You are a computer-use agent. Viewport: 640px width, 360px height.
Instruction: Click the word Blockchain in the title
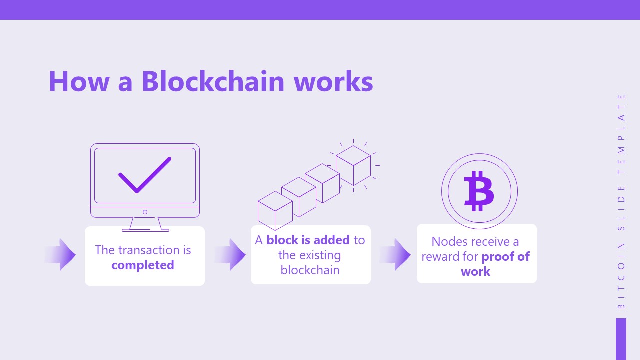pos(213,81)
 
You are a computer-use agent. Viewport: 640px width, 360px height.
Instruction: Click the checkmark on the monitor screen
pos(145,175)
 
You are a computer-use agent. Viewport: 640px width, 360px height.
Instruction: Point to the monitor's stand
pos(145,224)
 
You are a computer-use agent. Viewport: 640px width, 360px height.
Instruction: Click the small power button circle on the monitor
pos(145,212)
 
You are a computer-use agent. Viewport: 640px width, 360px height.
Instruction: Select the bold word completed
pos(143,265)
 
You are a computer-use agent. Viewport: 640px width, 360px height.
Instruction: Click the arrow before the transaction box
pos(61,255)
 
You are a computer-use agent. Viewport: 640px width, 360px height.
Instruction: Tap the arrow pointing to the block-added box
pos(230,255)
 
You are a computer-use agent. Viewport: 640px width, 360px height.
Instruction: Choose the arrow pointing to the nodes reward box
pos(395,255)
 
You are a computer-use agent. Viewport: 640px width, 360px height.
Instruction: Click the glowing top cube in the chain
pos(353,165)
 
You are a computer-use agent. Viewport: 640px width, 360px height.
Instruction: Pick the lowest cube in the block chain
pos(275,211)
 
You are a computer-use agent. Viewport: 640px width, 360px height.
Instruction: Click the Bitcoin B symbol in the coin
pos(479,191)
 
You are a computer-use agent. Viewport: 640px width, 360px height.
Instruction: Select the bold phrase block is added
pos(308,240)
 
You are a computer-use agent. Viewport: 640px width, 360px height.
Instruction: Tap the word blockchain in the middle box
pos(310,270)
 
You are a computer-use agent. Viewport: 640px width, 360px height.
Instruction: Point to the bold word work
pos(475,272)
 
